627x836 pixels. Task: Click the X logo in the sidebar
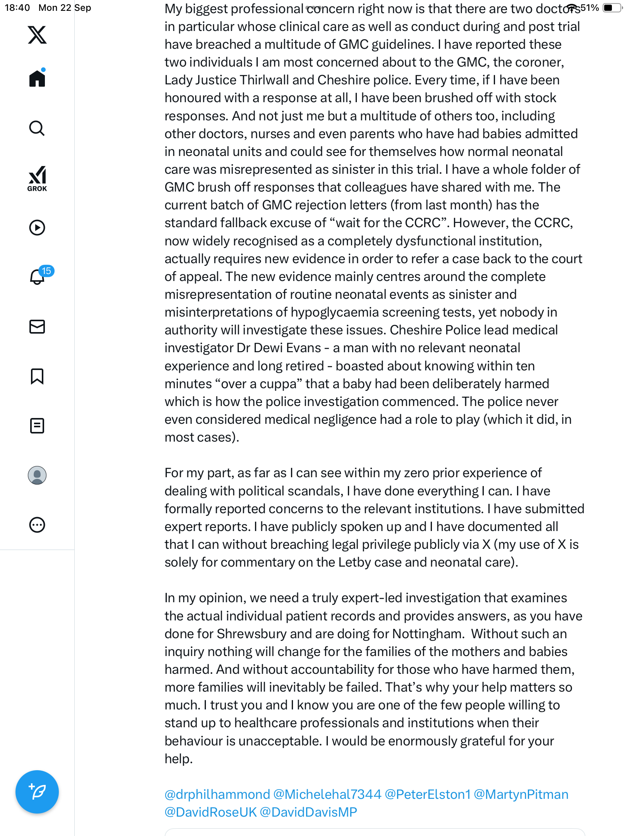tap(37, 35)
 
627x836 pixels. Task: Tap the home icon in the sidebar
tap(37, 79)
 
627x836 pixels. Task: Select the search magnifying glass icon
tap(37, 128)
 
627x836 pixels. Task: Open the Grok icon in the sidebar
tap(37, 178)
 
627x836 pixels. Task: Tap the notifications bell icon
tap(37, 277)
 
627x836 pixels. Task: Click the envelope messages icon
tap(37, 327)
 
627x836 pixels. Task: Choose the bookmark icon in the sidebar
tap(37, 376)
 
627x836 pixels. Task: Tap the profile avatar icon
tap(37, 475)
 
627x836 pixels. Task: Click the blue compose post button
tap(37, 792)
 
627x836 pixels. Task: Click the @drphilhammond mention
tap(217, 795)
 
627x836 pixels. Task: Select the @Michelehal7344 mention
tap(327, 795)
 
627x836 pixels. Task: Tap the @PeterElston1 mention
tap(427, 795)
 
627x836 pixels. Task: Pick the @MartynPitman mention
tap(521, 795)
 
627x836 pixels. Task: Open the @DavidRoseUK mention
tap(211, 812)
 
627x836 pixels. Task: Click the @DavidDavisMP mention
tap(308, 812)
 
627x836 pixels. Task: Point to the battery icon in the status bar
tap(611, 8)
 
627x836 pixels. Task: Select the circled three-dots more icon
tap(37, 525)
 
